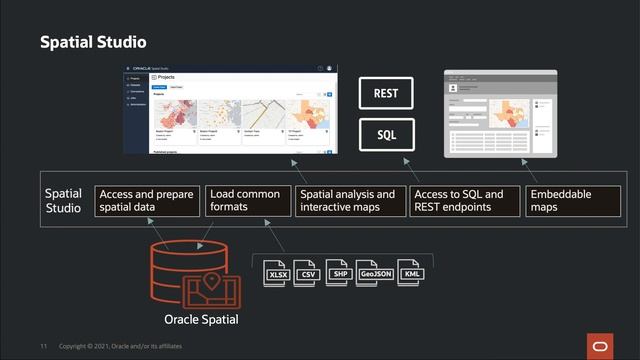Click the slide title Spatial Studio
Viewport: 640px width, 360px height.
[93, 42]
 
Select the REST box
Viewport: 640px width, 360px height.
[386, 93]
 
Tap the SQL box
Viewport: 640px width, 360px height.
[386, 132]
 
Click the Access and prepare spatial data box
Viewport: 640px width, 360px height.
[147, 200]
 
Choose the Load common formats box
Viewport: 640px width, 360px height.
[247, 200]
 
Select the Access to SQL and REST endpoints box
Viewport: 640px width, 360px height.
[465, 200]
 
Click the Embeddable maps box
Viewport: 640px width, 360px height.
[566, 200]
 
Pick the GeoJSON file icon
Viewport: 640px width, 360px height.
[376, 273]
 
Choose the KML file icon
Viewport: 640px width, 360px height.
[411, 273]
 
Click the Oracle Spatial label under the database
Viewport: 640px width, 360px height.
[201, 320]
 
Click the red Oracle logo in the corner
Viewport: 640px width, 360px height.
[601, 345]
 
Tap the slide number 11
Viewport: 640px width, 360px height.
[44, 346]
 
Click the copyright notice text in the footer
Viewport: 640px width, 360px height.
[120, 346]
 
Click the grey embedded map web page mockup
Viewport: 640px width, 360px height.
[499, 113]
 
